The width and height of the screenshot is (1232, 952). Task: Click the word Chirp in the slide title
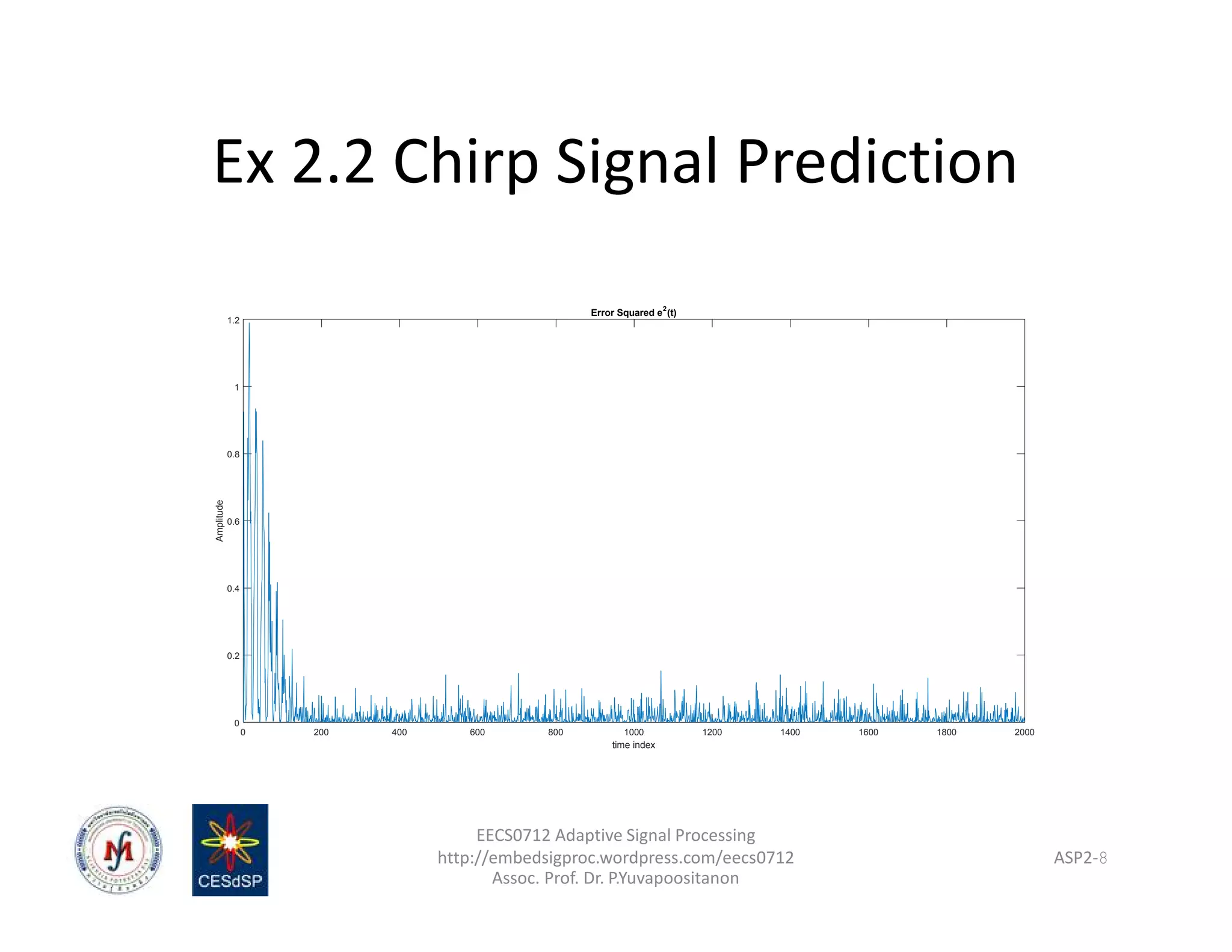[465, 161]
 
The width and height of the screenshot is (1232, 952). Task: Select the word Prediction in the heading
[876, 161]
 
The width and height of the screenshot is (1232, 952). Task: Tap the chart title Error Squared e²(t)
[633, 312]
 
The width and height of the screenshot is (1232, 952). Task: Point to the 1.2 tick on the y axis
[233, 321]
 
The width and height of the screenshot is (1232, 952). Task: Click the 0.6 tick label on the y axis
[233, 521]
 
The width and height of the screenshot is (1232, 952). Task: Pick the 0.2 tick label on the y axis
[233, 655]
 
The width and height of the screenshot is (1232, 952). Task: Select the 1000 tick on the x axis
[633, 732]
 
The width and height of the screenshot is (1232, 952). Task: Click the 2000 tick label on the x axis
[1024, 732]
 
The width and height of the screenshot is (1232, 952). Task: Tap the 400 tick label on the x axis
[399, 732]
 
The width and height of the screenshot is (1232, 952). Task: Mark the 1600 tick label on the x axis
[868, 732]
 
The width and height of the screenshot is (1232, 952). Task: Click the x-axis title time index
[633, 745]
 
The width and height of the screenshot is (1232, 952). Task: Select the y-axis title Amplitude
[220, 521]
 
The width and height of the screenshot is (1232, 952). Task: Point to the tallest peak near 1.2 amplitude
[249, 325]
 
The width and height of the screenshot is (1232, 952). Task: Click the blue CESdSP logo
[230, 850]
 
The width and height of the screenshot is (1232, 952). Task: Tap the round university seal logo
[119, 850]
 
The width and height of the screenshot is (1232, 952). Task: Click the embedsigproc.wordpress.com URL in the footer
[615, 857]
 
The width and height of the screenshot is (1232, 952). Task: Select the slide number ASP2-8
[1080, 858]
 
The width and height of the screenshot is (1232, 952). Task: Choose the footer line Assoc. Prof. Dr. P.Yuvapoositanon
[615, 878]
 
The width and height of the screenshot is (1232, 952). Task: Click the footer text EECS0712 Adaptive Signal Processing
[615, 835]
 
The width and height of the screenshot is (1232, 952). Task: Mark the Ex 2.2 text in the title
[294, 161]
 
